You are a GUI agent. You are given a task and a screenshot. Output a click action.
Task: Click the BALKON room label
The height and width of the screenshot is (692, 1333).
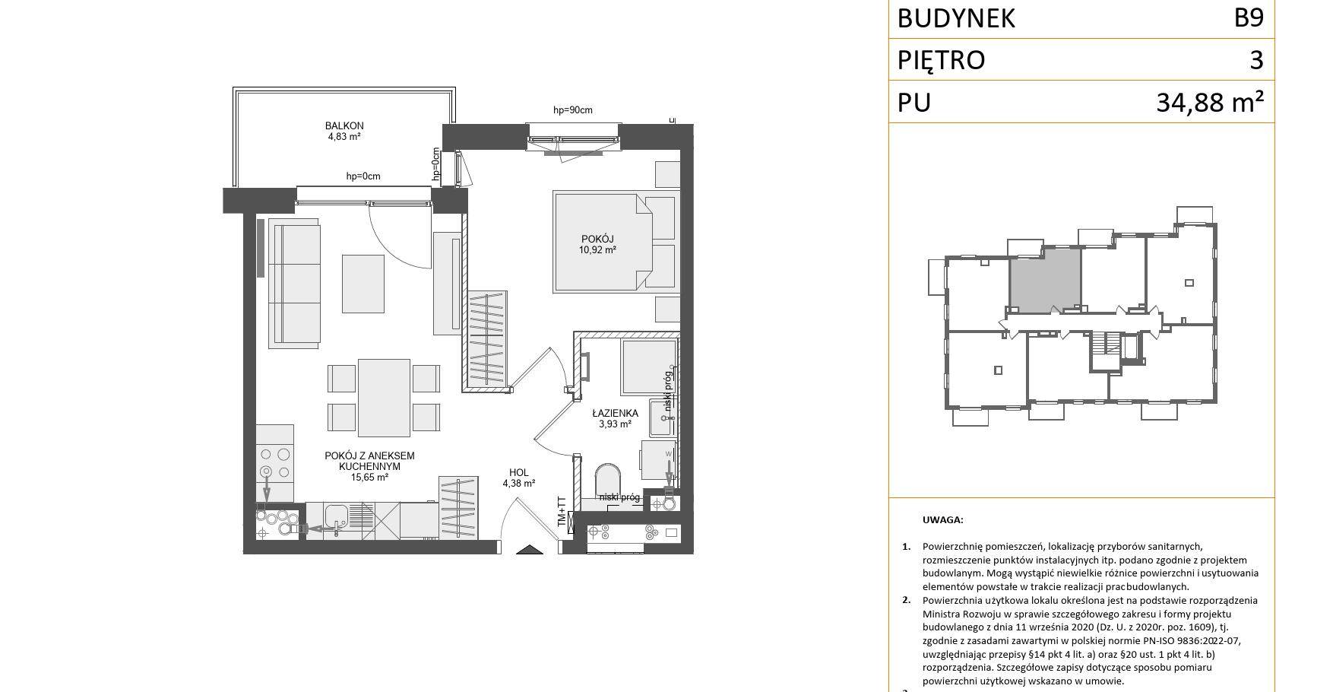344,125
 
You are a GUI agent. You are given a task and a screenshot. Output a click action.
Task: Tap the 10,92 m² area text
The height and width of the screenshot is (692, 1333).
597,249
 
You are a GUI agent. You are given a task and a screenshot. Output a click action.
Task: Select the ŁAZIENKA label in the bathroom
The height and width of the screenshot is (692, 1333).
615,414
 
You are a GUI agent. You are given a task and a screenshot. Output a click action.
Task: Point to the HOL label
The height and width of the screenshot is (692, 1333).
519,472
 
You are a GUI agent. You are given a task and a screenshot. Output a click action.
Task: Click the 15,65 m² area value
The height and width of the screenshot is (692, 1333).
369,478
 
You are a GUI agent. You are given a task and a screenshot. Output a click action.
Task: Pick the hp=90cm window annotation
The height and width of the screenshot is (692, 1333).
572,110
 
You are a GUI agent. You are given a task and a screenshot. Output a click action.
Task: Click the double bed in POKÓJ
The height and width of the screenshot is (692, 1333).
603,243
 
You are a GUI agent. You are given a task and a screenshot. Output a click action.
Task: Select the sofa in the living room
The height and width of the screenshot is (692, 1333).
294,284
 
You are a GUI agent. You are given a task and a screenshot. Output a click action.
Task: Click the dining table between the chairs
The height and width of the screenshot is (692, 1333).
384,398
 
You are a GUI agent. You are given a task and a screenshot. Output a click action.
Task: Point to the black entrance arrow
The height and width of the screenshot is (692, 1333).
530,550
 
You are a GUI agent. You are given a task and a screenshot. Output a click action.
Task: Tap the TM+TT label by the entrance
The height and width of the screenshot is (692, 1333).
562,513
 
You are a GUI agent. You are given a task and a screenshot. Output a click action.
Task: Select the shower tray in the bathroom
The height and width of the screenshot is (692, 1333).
648,367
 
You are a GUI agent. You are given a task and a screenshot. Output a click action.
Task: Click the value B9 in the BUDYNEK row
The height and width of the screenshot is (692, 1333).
1249,17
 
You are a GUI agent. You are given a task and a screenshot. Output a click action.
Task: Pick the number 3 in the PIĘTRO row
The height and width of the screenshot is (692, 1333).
1256,59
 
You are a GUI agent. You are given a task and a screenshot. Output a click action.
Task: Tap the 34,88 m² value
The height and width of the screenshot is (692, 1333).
1210,101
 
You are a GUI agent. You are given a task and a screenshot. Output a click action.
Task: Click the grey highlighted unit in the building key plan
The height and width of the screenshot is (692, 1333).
1045,279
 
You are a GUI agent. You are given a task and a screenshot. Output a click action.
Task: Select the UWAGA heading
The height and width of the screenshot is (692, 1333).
942,520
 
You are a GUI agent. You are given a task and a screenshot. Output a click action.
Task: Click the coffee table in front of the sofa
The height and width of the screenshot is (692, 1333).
363,283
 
